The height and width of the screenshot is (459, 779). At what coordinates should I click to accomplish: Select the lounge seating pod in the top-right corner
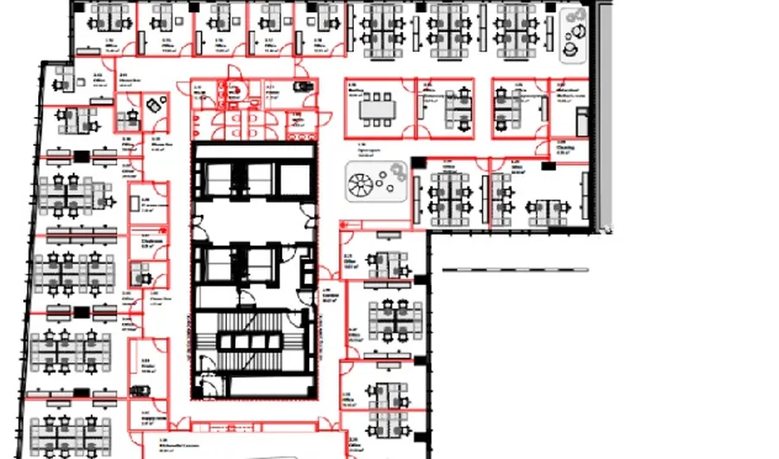576,35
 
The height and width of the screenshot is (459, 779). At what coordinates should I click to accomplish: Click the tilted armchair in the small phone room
154,105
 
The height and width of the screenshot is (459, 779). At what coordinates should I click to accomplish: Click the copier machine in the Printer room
139,390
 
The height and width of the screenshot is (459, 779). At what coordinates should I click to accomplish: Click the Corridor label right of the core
329,295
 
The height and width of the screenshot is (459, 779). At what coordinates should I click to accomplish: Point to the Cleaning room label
565,148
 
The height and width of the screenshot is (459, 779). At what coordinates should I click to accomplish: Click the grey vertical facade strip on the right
604,113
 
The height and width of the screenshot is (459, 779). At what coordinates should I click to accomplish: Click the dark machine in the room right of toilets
302,87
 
